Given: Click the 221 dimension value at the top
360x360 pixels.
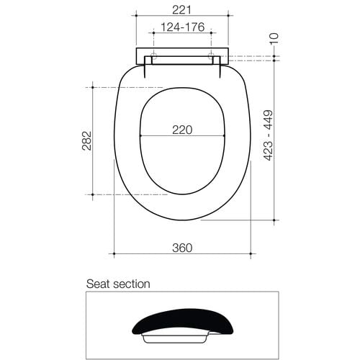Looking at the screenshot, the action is pos(182,10).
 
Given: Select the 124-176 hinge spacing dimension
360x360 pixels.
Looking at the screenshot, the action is pos(182,27).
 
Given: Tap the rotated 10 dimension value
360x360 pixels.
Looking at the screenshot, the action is pos(274,38).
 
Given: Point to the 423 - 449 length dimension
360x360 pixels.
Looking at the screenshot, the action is pos(269,135).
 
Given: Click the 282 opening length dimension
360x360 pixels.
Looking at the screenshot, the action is pos(86,140).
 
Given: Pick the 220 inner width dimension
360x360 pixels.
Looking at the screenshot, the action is pos(182,130).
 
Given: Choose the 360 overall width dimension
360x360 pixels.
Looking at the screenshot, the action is pos(182,248).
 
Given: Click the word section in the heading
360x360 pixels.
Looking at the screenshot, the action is pos(132,284).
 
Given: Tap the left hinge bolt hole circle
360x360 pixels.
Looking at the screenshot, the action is pos(153,56).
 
